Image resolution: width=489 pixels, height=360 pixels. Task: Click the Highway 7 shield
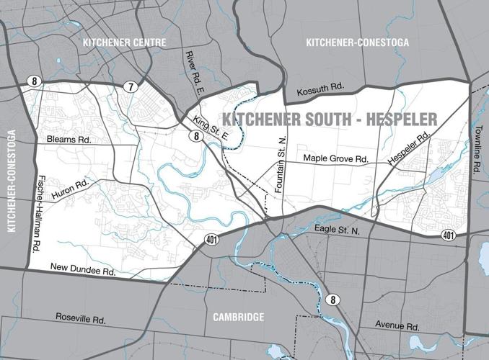tap(130, 86)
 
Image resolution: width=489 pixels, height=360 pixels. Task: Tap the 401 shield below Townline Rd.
tap(448, 235)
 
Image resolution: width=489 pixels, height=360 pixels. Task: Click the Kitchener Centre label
tap(125, 42)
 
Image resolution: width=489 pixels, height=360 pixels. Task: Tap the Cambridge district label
tap(238, 317)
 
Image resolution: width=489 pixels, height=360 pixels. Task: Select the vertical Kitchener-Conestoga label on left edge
tap(11, 181)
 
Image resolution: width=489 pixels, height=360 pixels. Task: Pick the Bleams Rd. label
tap(69, 139)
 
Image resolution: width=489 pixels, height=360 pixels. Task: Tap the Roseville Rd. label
tap(81, 318)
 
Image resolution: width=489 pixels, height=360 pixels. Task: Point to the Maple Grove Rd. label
tap(335, 158)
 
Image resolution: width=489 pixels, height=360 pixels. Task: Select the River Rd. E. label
tap(192, 72)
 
